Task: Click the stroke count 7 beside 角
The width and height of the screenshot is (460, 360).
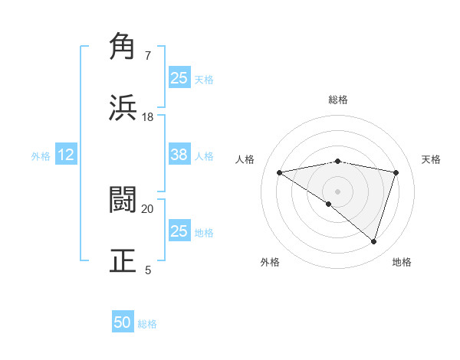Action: coord(148,56)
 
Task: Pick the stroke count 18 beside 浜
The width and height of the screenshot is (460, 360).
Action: coord(148,116)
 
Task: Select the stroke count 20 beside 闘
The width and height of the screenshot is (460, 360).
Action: coord(148,208)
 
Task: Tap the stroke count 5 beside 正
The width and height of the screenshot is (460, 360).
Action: coord(148,270)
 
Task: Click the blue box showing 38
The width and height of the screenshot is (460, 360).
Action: coord(179,155)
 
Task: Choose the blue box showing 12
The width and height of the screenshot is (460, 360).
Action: coord(66,155)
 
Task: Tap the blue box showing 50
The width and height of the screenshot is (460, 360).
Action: coord(123,323)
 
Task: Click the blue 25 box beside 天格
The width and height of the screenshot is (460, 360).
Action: coord(179,77)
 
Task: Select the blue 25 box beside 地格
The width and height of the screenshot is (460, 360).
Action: coord(179,231)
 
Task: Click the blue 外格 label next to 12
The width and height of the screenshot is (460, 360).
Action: coord(41,156)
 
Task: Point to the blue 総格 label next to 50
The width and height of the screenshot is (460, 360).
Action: coord(147,324)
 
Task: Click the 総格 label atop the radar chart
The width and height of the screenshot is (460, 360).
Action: coord(338,100)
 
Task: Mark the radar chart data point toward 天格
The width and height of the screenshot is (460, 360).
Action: coord(396,172)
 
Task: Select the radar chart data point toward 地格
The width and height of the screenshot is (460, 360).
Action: coord(373,241)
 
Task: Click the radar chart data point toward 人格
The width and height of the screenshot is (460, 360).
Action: coord(280,172)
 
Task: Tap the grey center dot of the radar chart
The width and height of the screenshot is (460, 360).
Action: coord(338,191)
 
